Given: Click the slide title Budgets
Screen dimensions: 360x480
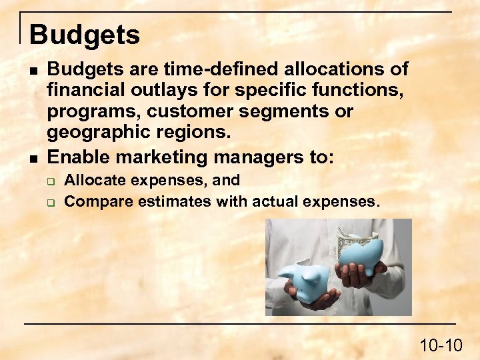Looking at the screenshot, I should [x=85, y=35].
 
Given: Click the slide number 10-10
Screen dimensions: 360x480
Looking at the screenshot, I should [x=441, y=345].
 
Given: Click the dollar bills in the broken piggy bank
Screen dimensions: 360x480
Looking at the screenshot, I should [x=350, y=237].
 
